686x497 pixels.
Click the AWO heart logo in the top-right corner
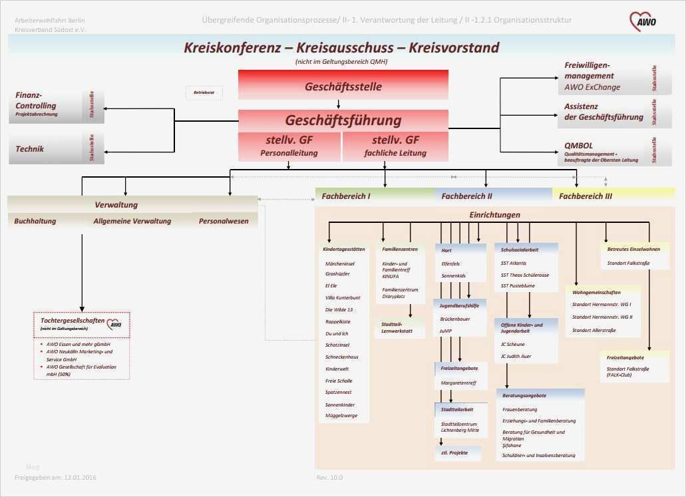tap(643, 21)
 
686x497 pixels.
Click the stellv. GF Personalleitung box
tap(289, 146)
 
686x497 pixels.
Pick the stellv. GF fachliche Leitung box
tap(395, 146)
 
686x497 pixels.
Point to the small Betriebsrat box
tap(204, 92)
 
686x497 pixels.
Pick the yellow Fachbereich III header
tap(612, 196)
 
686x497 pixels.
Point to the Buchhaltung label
tap(35, 221)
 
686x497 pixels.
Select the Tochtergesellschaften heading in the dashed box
tap(72, 321)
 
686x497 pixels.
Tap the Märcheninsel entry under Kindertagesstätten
tap(339, 264)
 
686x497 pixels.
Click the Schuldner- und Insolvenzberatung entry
tap(538, 455)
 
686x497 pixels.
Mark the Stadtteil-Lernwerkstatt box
tap(397, 327)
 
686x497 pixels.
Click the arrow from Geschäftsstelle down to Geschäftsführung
tap(339, 104)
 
